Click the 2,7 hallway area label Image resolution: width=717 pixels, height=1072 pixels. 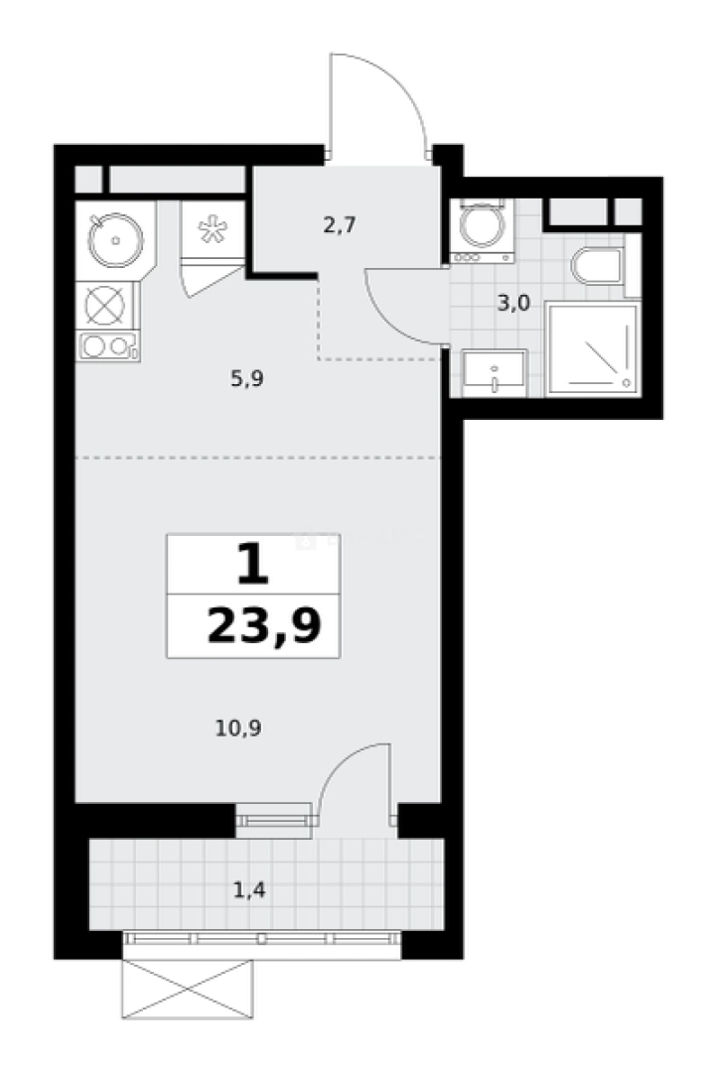pos(340,224)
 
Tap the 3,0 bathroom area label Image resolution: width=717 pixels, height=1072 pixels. pos(513,303)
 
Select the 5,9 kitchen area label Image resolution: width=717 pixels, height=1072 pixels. pos(247,378)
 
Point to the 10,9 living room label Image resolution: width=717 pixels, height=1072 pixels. pos(238,729)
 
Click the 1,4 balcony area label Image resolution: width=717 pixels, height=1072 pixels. pos(249,889)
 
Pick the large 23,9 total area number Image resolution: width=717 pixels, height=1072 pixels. pos(263,626)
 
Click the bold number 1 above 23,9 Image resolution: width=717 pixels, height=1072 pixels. pos(253,564)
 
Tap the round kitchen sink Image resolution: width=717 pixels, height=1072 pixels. pos(115,239)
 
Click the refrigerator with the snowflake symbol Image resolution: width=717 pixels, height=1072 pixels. pos(213,229)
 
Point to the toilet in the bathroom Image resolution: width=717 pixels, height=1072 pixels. pos(597,266)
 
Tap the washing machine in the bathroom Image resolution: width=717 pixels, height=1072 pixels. pos(483,231)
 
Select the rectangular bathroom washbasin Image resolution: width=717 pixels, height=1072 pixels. pos(494,373)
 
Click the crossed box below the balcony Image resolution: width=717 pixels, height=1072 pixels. pos(188,990)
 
